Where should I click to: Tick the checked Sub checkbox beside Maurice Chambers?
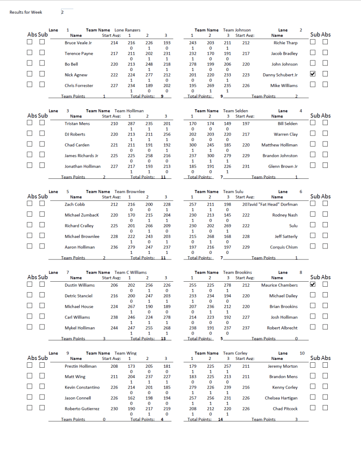(x=313, y=284)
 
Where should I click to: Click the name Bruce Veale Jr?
(x=78, y=43)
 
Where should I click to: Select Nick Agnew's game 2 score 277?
(x=148, y=75)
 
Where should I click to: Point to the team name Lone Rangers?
(x=127, y=30)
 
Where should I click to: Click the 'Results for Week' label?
(x=26, y=12)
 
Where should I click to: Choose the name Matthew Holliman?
(x=280, y=145)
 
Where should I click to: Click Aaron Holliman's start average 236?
(x=114, y=247)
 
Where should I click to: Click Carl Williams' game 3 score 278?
(x=167, y=317)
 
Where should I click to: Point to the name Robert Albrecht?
(x=282, y=328)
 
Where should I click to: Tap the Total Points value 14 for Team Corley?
(x=220, y=420)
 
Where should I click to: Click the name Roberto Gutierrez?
(x=82, y=409)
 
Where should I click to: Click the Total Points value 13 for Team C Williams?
(x=163, y=339)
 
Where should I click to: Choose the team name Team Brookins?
(x=237, y=273)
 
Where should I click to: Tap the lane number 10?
(x=302, y=353)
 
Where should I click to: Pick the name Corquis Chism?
(x=284, y=247)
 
